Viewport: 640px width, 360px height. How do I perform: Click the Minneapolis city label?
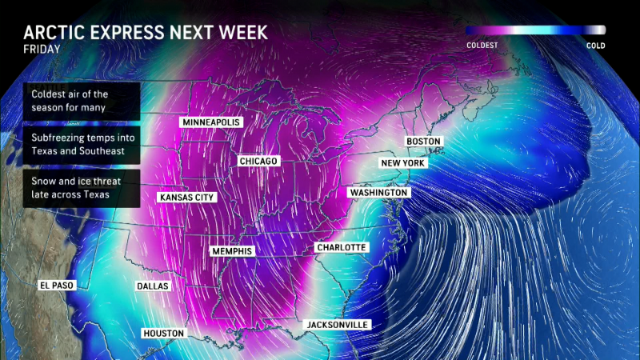point(211,122)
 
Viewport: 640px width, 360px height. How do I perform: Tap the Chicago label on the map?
point(258,162)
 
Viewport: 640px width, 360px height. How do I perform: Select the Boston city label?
point(423,142)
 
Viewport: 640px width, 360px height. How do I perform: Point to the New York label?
point(402,163)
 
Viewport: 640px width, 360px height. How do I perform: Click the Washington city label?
point(378,194)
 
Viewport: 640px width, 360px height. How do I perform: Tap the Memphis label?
point(232,251)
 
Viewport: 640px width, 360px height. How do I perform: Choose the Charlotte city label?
point(341,248)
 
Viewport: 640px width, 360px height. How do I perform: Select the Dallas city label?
point(153,286)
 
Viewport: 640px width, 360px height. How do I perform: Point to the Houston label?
point(163,333)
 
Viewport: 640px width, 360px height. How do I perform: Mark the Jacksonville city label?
point(338,325)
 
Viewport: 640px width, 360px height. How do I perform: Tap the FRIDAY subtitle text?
point(41,50)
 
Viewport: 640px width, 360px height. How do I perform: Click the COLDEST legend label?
point(482,46)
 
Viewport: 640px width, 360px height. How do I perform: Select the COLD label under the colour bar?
point(595,46)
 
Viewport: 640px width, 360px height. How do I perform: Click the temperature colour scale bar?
point(535,30)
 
